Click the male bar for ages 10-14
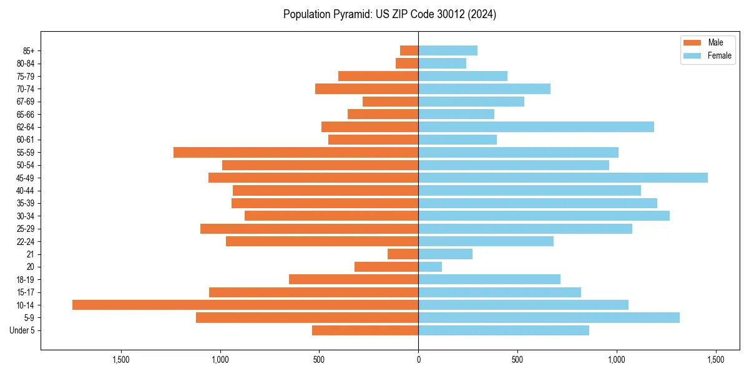pos(245,305)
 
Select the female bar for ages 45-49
pos(563,178)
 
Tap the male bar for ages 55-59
pos(296,152)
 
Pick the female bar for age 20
pos(430,267)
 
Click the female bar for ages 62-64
pos(536,127)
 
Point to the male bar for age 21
pos(403,254)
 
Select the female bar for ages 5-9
pos(549,317)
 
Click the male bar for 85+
pos(409,50)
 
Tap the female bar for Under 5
pos(504,330)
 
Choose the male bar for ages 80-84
pos(407,63)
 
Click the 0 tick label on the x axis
pos(418,360)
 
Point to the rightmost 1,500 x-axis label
pos(715,360)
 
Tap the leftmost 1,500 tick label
pos(120,360)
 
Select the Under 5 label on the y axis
pos(22,330)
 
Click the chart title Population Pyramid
pos(389,14)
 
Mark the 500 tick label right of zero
pos(517,360)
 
